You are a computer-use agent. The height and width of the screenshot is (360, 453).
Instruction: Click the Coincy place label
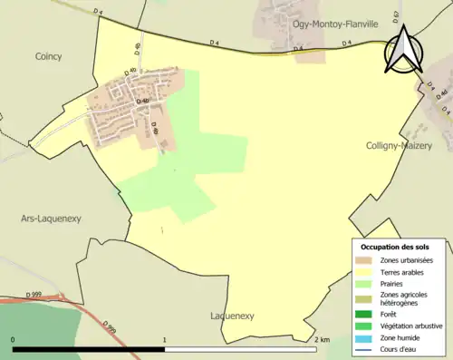pyautogui.click(x=48, y=56)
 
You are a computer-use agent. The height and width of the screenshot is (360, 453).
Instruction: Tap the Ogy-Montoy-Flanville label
pyautogui.click(x=333, y=24)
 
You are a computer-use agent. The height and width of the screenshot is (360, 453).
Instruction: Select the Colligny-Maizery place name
pyautogui.click(x=399, y=145)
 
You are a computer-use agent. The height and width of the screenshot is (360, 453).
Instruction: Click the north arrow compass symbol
pyautogui.click(x=403, y=49)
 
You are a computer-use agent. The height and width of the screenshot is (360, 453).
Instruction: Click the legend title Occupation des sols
pyautogui.click(x=395, y=247)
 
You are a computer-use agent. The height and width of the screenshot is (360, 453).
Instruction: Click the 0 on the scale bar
pyautogui.click(x=14, y=340)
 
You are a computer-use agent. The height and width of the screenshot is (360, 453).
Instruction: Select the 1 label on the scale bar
pyautogui.click(x=164, y=340)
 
